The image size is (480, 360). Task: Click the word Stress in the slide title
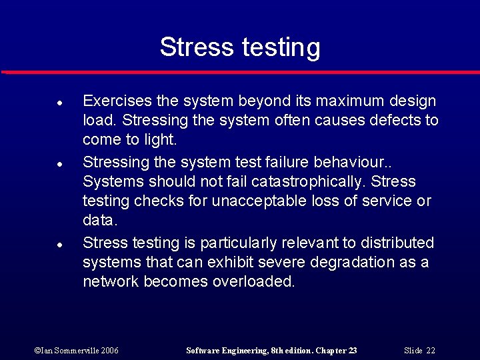tap(194, 47)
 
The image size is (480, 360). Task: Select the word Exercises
tap(117, 101)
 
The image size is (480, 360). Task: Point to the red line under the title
tap(240, 71)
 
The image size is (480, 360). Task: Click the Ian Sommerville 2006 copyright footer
tap(76, 350)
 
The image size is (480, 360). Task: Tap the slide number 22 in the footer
tap(430, 350)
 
